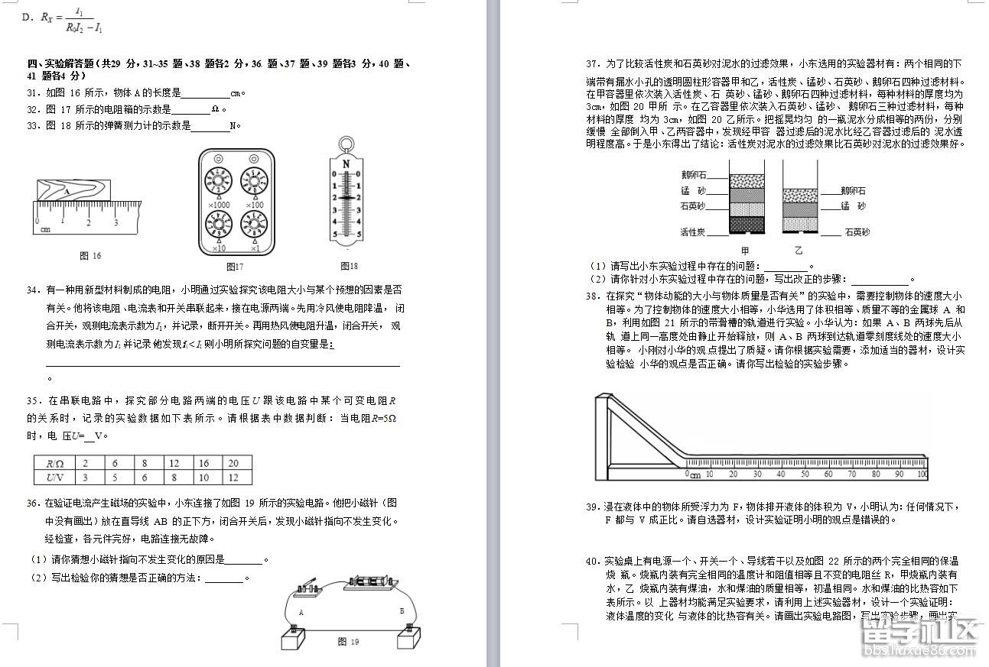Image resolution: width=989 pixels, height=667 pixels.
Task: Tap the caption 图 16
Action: [x=90, y=256]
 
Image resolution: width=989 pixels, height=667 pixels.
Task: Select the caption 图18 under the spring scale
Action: [x=349, y=266]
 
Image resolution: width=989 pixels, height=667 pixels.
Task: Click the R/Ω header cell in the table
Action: [x=54, y=463]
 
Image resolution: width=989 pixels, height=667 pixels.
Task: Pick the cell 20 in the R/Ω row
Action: [x=234, y=463]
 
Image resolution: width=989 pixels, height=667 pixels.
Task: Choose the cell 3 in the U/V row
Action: [x=86, y=478]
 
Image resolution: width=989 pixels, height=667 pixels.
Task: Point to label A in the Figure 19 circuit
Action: [x=301, y=612]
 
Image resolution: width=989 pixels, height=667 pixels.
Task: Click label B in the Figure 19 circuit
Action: [x=402, y=611]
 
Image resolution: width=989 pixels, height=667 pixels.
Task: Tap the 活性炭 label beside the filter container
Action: [x=693, y=232]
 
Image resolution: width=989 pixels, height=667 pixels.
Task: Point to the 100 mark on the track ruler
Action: [x=921, y=474]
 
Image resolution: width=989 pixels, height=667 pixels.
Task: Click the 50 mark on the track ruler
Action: [x=804, y=474]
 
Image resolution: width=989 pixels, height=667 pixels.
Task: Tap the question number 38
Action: [x=592, y=296]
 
